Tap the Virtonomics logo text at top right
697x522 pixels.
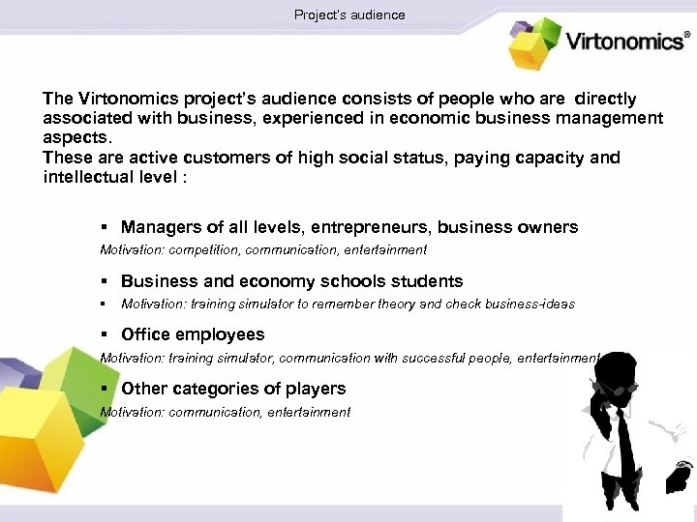[623, 43]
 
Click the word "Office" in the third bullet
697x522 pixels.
[144, 334]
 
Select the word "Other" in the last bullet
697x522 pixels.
[143, 389]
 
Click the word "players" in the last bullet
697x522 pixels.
[315, 389]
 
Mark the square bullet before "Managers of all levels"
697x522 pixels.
[104, 228]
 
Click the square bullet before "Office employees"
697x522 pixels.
[104, 334]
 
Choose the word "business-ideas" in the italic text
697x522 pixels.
[530, 304]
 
